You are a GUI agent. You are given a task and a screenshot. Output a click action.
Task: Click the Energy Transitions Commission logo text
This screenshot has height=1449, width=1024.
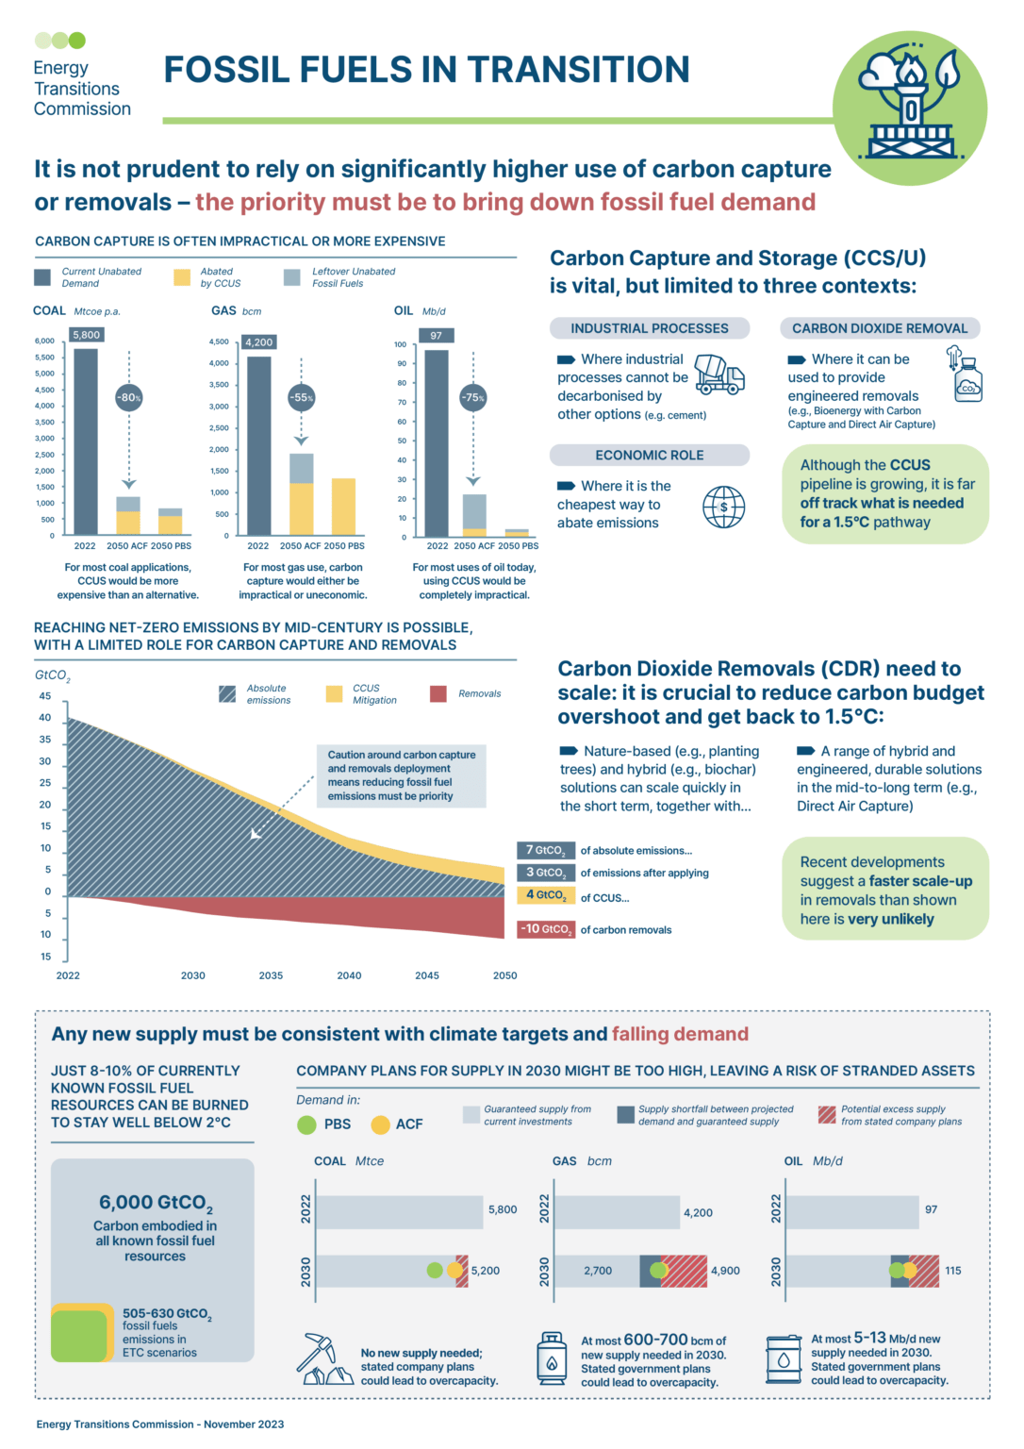tap(82, 89)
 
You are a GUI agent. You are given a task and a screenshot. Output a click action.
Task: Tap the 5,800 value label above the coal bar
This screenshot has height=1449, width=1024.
tap(86, 335)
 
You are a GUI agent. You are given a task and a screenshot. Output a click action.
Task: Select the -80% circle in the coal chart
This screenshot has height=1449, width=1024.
tap(129, 397)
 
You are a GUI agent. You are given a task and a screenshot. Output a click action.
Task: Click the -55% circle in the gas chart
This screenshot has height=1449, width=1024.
tap(301, 397)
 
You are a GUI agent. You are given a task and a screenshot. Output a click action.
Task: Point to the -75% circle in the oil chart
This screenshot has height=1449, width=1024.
tap(473, 397)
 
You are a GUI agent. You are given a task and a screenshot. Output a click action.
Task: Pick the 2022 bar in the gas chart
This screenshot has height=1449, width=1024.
tap(259, 445)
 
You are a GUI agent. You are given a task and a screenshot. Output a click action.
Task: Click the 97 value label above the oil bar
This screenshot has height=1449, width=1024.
tap(436, 335)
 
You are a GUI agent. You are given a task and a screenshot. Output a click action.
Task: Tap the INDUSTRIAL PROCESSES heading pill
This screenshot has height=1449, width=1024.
tap(649, 328)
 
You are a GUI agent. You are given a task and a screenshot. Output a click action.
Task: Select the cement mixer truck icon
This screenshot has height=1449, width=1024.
tap(719, 375)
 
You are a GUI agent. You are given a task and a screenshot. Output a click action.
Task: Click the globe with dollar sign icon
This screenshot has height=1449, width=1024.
tap(723, 507)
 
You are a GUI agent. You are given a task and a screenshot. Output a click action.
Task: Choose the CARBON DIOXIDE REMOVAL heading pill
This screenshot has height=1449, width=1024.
tap(879, 328)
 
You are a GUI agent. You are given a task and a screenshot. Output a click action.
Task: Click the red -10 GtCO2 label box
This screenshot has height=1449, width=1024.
tap(545, 929)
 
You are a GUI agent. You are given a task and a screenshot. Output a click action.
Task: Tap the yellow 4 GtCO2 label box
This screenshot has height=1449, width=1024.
tap(546, 894)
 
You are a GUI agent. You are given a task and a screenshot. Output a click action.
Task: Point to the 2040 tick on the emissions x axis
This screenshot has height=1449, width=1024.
tap(349, 975)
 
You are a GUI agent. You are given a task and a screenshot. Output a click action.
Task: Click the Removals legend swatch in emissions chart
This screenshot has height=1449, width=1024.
tap(438, 693)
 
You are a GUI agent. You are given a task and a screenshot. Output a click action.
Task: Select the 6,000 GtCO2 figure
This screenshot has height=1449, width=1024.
tap(156, 1203)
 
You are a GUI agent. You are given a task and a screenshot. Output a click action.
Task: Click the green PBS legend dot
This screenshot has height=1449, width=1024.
tap(306, 1124)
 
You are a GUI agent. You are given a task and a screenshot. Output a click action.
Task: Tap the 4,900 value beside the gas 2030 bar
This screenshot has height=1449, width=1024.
tap(725, 1271)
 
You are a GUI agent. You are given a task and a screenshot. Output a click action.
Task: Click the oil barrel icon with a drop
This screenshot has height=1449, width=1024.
tap(783, 1359)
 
